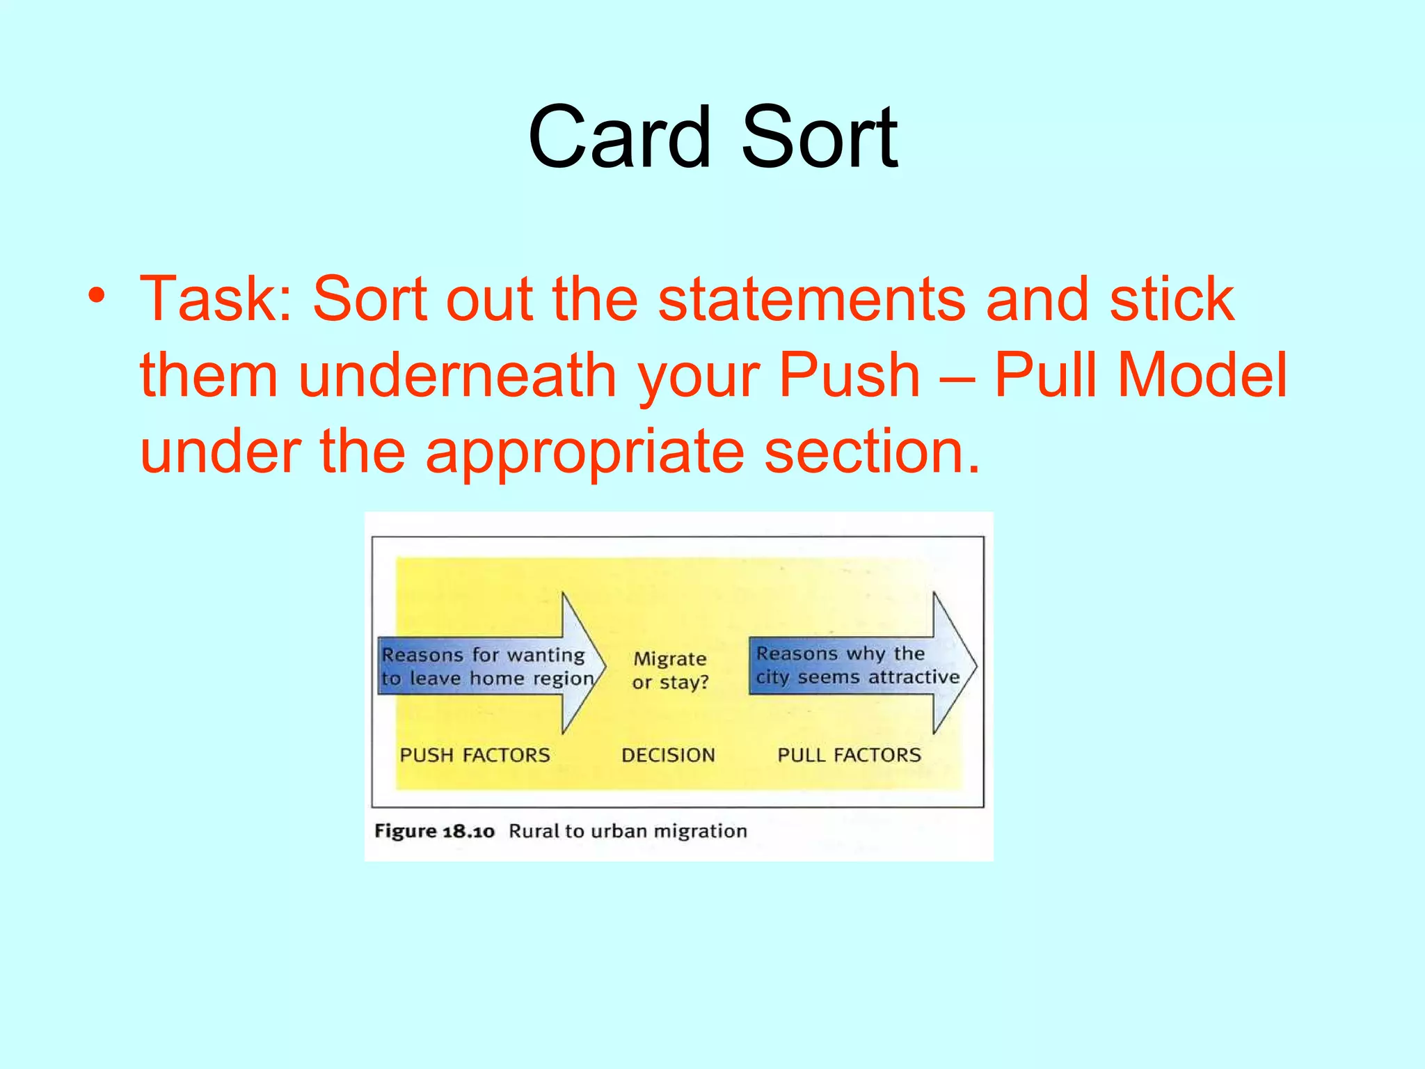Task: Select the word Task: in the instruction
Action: (216, 299)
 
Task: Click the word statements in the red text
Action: (811, 299)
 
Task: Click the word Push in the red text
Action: (850, 376)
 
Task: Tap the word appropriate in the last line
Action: (584, 452)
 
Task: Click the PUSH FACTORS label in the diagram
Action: (475, 755)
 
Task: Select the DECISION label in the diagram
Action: (668, 755)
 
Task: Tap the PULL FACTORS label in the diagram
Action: (849, 755)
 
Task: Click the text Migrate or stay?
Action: (670, 670)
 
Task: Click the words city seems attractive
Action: (857, 677)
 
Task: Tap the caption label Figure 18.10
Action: (434, 831)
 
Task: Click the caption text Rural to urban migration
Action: (628, 831)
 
